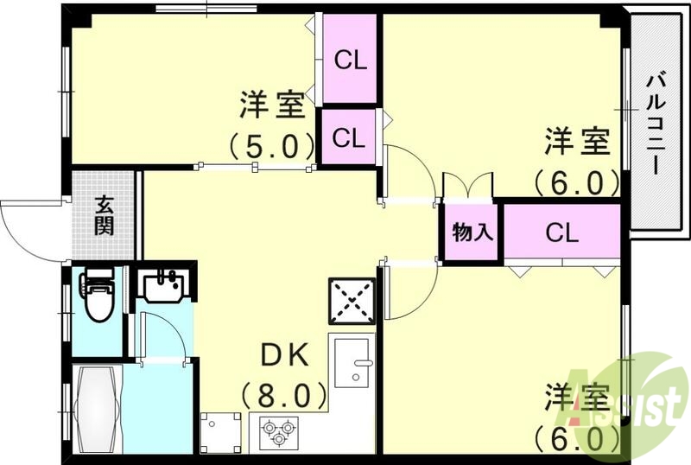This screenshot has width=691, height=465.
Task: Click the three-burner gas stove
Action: click(278, 430)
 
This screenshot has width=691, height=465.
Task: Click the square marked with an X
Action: click(352, 300)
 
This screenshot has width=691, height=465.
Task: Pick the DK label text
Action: click(285, 355)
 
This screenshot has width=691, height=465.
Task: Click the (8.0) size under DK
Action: click(285, 397)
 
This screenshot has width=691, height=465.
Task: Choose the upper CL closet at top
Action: click(351, 61)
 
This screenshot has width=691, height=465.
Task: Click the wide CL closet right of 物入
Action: click(561, 232)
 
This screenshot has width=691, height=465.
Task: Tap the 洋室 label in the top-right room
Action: click(576, 141)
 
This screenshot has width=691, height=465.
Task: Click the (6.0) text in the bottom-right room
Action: click(576, 436)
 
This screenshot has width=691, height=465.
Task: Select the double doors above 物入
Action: click(467, 186)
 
